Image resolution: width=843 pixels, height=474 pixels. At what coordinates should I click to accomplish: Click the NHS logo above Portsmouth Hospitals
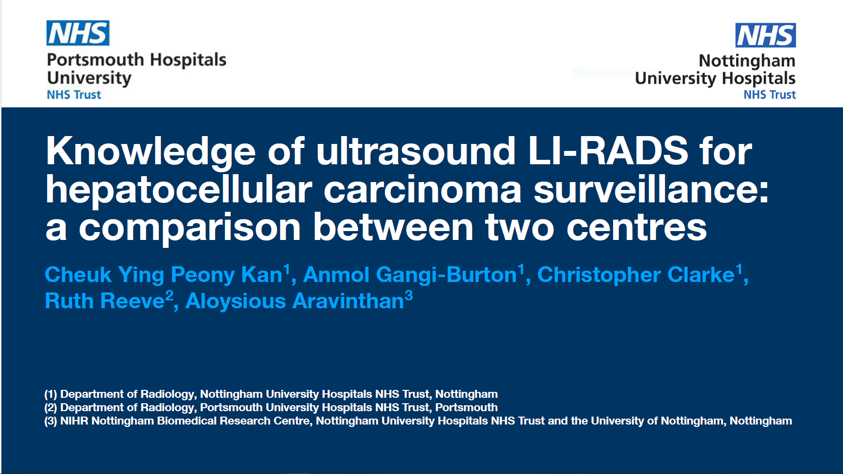tap(78, 33)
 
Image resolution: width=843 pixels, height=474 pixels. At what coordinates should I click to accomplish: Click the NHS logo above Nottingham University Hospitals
tap(765, 35)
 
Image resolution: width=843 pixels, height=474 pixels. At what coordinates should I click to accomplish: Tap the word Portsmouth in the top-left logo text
tap(95, 60)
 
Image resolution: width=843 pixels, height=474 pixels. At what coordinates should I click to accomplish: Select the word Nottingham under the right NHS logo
tap(747, 61)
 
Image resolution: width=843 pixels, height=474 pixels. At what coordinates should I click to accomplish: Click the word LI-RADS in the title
tap(608, 151)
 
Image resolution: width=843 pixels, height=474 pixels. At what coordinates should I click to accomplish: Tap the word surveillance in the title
tap(651, 189)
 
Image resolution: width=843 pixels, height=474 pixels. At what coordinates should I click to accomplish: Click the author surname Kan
tap(262, 275)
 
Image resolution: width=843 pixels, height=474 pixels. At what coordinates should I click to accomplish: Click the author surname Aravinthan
tap(348, 301)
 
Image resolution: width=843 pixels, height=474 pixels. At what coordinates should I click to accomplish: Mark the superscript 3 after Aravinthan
tap(409, 296)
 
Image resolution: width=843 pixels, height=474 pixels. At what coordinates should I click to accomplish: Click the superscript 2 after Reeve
tap(169, 296)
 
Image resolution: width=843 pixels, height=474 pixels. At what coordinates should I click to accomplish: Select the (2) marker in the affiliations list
tap(51, 408)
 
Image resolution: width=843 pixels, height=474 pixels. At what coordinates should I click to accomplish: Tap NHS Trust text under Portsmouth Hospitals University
tap(74, 95)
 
